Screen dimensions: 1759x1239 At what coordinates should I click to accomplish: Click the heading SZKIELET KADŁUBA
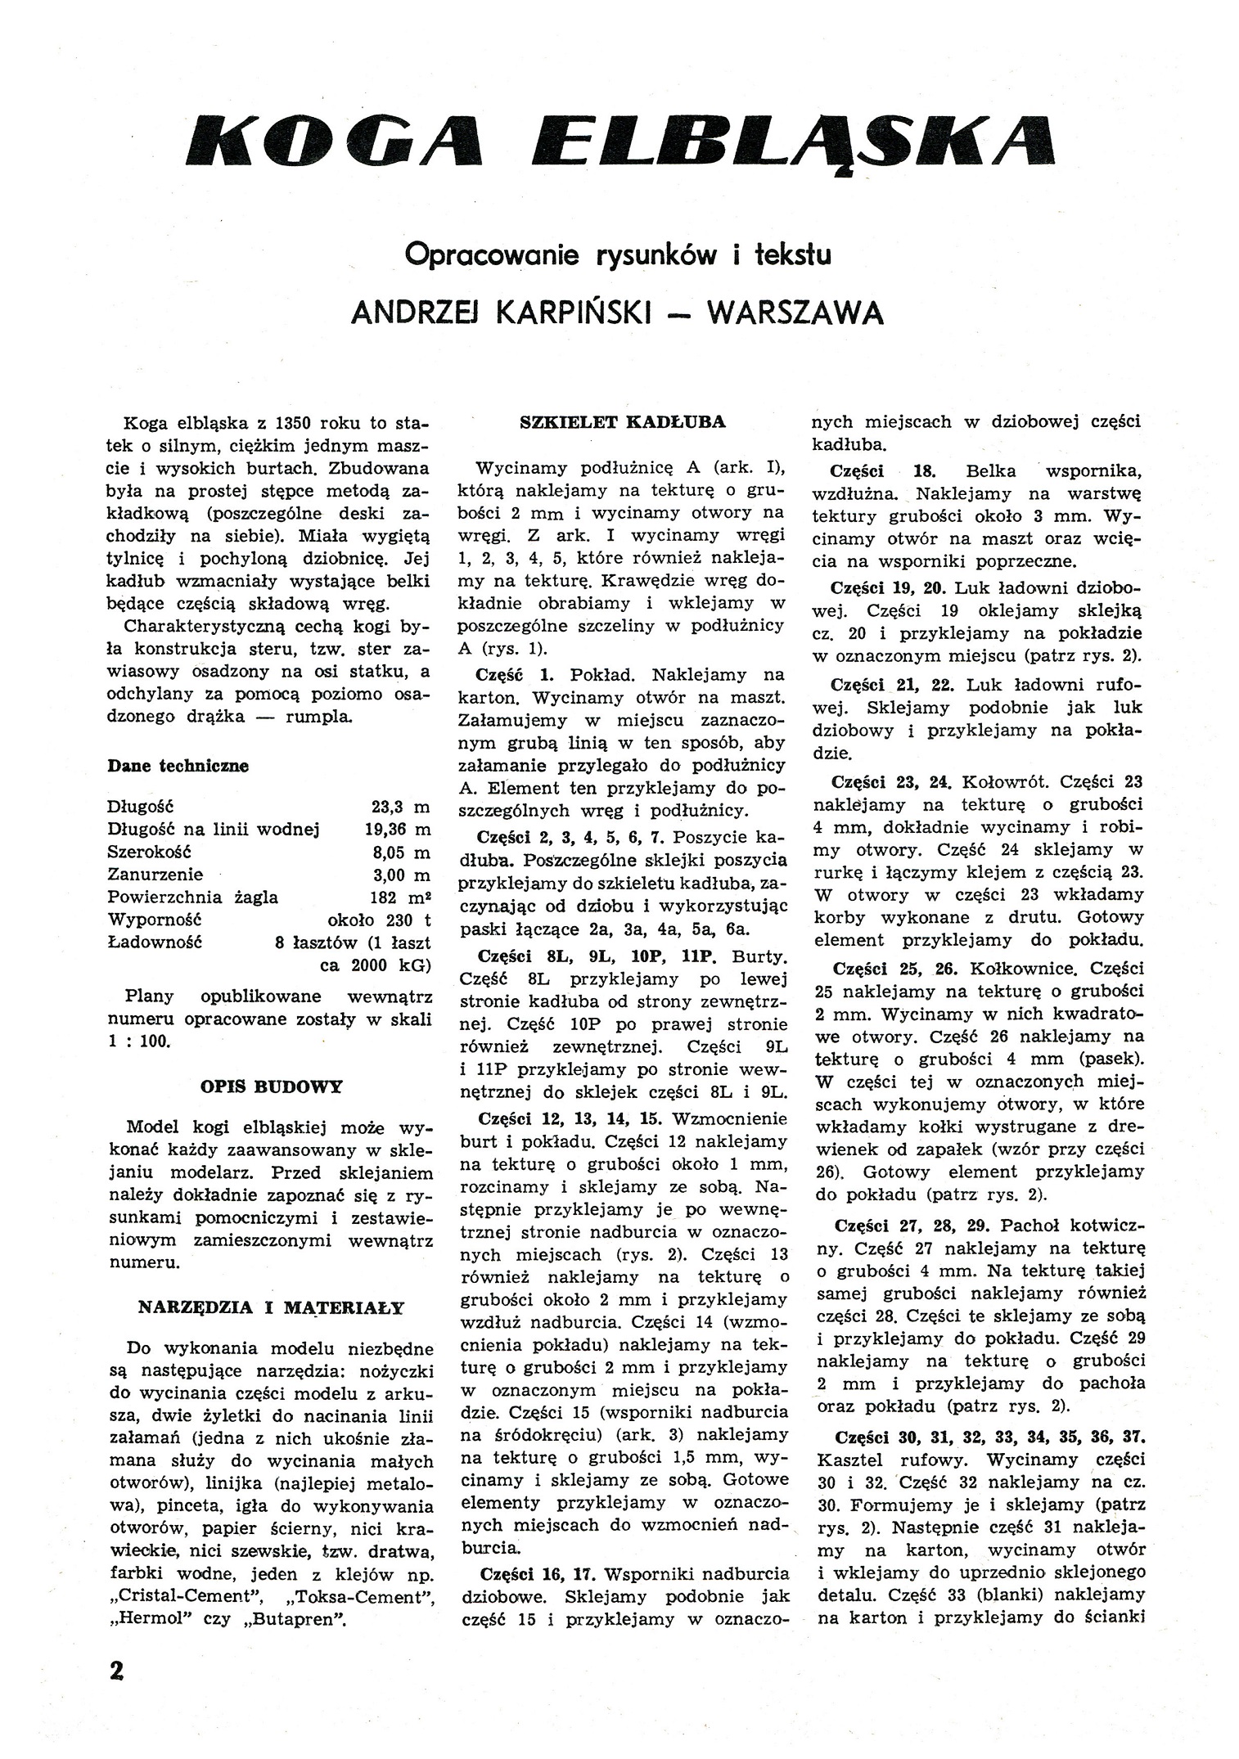tap(623, 423)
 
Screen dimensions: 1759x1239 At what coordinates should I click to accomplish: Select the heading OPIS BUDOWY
tap(271, 1087)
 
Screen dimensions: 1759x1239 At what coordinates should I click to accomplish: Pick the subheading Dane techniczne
tap(178, 767)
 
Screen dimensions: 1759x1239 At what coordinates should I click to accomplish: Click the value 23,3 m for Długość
tap(400, 807)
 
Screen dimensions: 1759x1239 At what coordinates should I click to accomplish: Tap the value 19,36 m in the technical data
tap(397, 830)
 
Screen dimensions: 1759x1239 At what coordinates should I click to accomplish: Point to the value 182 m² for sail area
tap(400, 897)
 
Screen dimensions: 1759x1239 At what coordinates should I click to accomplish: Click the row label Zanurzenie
tap(155, 875)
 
